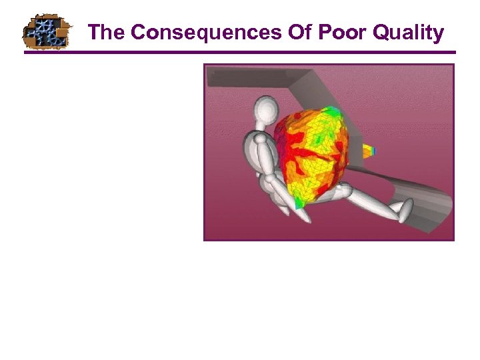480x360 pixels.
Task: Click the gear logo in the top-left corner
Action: tap(45, 31)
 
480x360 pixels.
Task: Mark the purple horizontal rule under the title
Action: tap(240, 53)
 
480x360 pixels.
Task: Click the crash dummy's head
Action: tap(266, 111)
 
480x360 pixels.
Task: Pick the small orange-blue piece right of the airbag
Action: tap(369, 151)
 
